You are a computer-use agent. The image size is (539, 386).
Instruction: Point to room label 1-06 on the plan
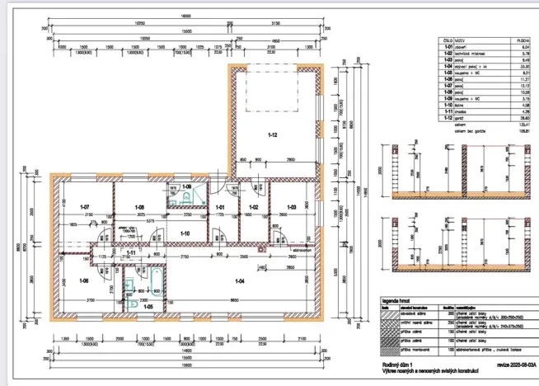(83, 281)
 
